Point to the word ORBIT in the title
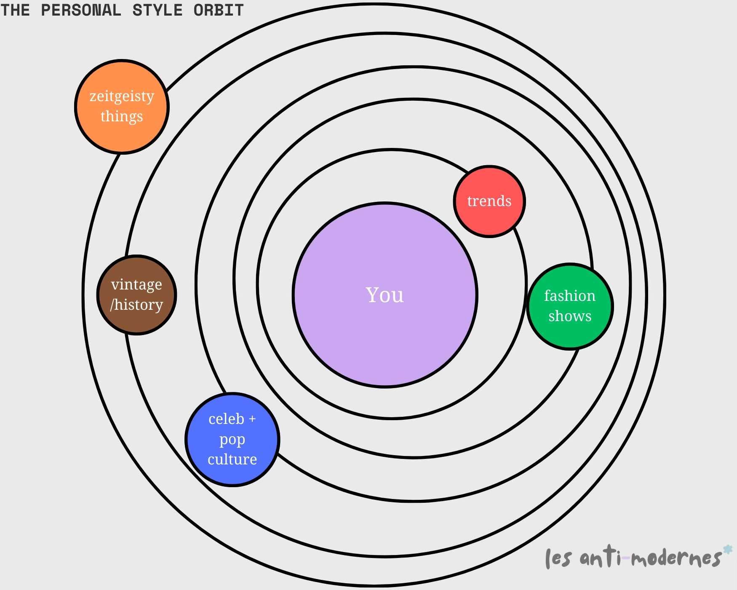219,10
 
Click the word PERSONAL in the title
81,10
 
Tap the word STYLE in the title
158,10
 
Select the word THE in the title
15,10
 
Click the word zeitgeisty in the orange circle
122,97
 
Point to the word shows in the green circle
570,316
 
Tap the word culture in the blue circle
232,459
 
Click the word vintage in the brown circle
136,285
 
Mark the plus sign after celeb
252,419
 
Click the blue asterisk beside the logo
727,550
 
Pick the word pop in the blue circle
232,440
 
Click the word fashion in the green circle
570,296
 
